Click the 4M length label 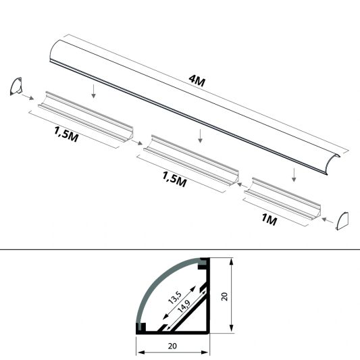point(198,82)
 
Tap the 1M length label point(269,219)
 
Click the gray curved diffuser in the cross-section point(154,284)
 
